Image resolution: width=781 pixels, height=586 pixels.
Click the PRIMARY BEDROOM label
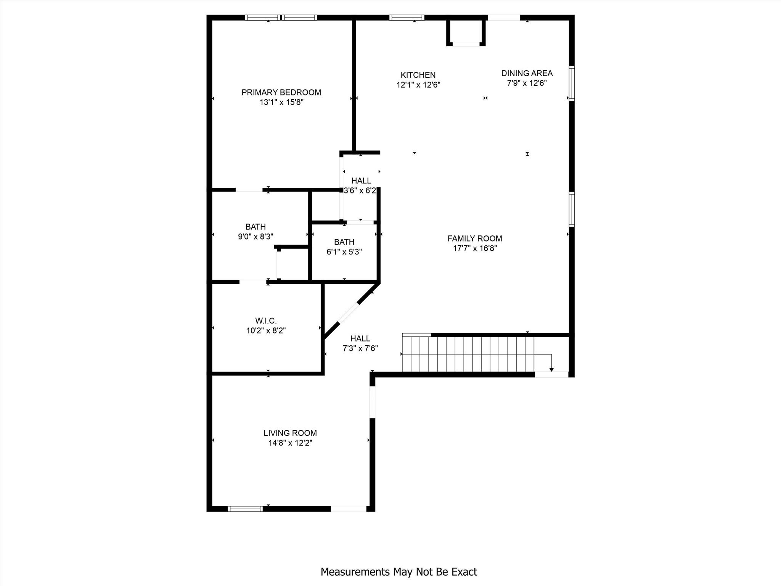click(x=281, y=92)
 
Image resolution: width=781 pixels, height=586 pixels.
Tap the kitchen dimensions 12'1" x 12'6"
click(x=418, y=85)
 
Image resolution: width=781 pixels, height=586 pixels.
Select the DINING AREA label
click(x=527, y=73)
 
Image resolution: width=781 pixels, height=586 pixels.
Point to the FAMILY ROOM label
click(x=474, y=238)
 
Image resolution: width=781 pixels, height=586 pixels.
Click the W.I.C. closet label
click(x=266, y=321)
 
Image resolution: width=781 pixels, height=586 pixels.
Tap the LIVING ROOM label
click(x=290, y=433)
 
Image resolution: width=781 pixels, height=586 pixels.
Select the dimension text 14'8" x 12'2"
click(x=290, y=443)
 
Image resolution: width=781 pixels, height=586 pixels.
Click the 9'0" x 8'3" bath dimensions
click(x=256, y=237)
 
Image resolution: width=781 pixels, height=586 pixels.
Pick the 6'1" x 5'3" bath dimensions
click(x=344, y=252)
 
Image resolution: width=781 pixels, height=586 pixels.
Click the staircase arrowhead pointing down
click(x=551, y=370)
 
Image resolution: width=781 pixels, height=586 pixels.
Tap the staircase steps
click(x=468, y=354)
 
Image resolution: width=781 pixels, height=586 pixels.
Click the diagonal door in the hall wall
click(x=348, y=313)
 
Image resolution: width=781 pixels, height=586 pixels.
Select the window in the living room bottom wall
click(x=245, y=509)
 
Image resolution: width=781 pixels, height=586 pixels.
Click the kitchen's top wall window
click(x=407, y=18)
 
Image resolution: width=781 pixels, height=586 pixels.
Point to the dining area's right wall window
click(x=571, y=83)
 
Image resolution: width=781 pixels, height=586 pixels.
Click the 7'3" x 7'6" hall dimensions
click(x=360, y=348)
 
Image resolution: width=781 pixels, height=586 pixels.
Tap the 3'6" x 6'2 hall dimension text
click(x=360, y=191)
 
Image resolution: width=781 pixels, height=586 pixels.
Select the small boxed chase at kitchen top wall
click(x=466, y=32)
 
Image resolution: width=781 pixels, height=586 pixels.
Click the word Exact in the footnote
click(x=464, y=572)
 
